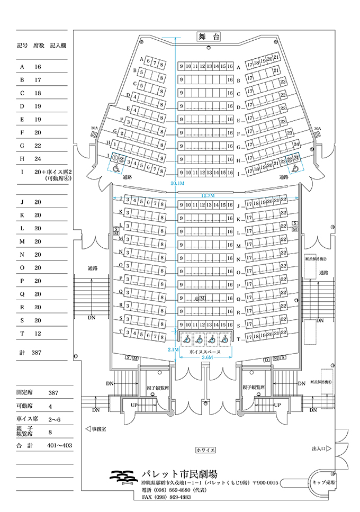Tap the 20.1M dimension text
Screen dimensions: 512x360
coord(177,183)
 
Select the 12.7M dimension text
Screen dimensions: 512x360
coord(208,195)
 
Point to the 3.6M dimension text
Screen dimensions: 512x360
coord(208,358)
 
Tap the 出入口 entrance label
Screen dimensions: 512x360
coord(319,449)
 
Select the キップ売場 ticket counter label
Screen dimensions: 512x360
coord(323,483)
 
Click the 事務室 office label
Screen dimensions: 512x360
coord(97,429)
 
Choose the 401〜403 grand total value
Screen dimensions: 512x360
coord(59,446)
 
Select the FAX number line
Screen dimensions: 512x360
coord(166,497)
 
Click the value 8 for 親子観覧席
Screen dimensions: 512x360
coord(51,433)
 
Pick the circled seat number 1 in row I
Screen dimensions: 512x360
coord(114,158)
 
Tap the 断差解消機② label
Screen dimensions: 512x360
coord(317,260)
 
